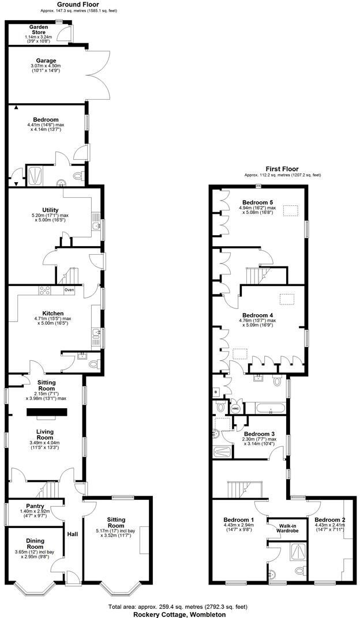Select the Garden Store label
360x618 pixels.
(x=39, y=30)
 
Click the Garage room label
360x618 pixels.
(x=46, y=61)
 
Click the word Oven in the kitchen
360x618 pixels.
(x=70, y=289)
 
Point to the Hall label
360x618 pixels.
(x=73, y=534)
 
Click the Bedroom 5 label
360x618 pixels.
(x=257, y=202)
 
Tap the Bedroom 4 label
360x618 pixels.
(x=257, y=315)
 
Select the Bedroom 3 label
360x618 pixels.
(x=259, y=434)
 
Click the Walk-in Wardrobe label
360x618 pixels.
(x=290, y=527)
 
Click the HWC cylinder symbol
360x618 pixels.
(x=235, y=409)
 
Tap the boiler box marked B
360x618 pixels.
(x=216, y=391)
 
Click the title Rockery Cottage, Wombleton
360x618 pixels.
(x=180, y=613)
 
